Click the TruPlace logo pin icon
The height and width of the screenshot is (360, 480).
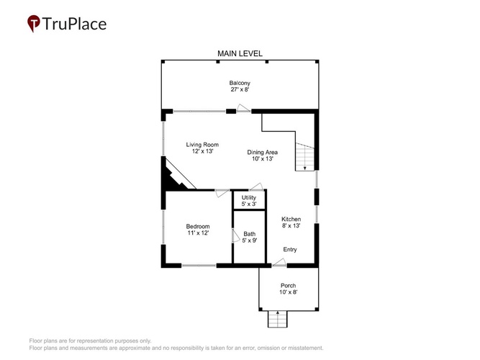click(34, 23)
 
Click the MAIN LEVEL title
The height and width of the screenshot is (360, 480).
click(240, 53)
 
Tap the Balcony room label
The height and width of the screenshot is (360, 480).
click(240, 83)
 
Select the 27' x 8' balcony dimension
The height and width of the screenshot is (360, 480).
click(240, 90)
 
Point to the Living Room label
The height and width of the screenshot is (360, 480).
click(202, 145)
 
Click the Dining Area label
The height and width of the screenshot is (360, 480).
click(263, 152)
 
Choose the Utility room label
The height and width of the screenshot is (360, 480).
click(248, 197)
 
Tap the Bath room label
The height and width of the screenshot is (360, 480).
click(250, 234)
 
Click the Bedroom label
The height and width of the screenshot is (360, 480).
click(198, 226)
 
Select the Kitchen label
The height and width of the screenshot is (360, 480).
click(291, 219)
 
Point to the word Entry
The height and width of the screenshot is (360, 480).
click(290, 249)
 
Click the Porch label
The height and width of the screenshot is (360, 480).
click(288, 286)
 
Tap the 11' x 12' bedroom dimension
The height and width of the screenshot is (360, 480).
click(198, 233)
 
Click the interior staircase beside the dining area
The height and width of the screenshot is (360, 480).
click(305, 156)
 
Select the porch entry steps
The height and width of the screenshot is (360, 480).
click(278, 319)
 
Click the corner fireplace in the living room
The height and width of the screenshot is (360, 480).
click(174, 176)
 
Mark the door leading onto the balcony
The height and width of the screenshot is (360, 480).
click(244, 108)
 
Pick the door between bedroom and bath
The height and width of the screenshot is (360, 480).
click(235, 236)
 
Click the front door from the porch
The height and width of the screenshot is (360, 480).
click(279, 263)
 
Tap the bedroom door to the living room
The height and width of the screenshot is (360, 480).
click(222, 193)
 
